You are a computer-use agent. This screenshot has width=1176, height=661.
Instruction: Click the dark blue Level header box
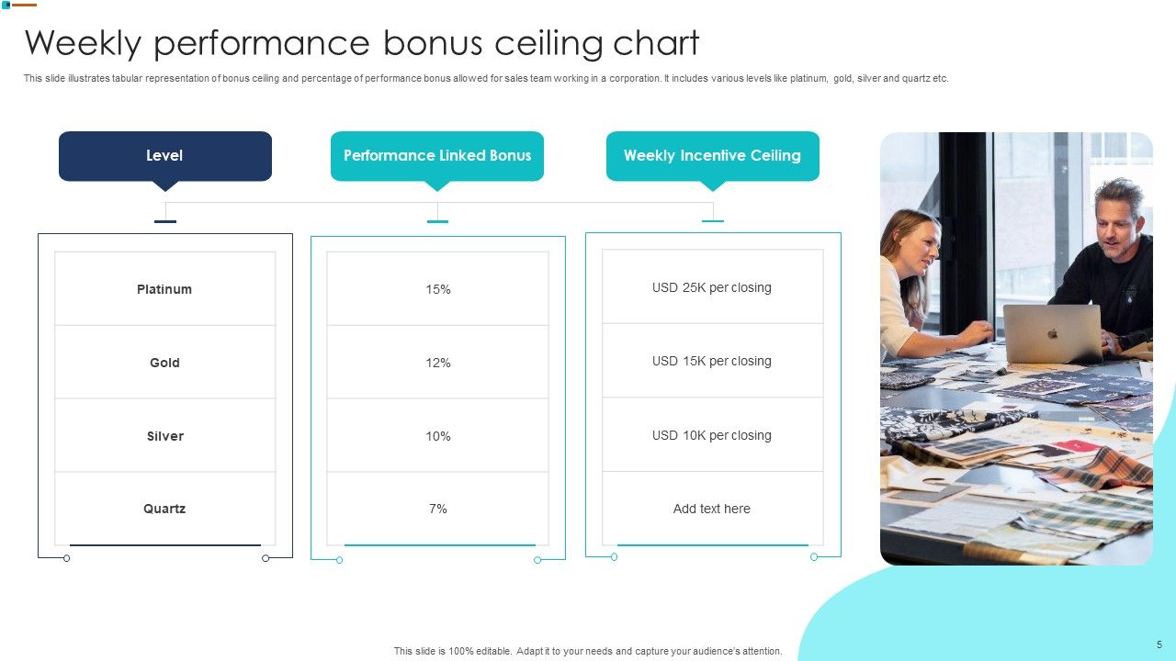(165, 156)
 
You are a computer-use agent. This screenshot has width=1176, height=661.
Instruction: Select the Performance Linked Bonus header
(437, 156)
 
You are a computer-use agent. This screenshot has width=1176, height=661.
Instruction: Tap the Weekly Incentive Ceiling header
(712, 156)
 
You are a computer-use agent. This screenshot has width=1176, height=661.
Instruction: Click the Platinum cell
(164, 289)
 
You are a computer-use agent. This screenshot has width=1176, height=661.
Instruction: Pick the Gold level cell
(164, 363)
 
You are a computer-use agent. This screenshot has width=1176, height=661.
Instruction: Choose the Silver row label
(165, 436)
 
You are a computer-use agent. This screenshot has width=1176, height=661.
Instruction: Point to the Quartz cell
(164, 509)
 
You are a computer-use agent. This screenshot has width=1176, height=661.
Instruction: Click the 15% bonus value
(438, 289)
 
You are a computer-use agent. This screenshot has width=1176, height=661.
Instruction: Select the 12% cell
(438, 363)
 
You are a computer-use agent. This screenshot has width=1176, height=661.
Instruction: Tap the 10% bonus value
(438, 436)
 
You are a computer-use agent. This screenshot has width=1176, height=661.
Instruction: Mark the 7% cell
(438, 509)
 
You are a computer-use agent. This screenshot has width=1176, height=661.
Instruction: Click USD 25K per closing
(712, 287)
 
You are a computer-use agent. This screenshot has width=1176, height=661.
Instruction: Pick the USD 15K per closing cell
(712, 361)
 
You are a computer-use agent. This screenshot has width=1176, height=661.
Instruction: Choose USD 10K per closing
(712, 435)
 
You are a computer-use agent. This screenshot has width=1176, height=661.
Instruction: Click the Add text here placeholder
(712, 509)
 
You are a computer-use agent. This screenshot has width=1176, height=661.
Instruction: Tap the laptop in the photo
(1052, 333)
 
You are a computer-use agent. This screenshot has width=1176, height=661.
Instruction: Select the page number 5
(1159, 644)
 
